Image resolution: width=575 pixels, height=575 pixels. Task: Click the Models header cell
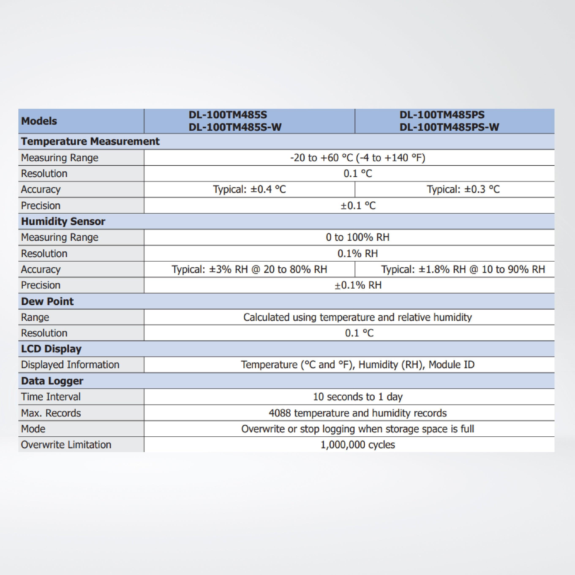click(39, 121)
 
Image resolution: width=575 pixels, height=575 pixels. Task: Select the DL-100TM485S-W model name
click(235, 127)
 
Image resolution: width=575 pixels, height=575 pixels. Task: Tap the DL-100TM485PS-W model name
click(449, 127)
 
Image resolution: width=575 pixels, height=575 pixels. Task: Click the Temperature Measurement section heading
click(90, 141)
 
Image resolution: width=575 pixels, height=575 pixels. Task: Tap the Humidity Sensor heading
click(63, 221)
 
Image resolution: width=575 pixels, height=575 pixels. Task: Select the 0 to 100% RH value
click(357, 237)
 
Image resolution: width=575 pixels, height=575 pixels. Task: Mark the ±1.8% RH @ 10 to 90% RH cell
click(463, 269)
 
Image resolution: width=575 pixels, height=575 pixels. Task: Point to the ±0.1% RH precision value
click(358, 285)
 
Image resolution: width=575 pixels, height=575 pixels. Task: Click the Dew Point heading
click(47, 301)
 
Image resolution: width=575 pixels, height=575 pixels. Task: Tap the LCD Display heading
click(51, 349)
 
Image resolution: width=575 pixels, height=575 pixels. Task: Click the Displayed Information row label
click(70, 365)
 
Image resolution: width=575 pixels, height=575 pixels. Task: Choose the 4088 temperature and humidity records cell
click(357, 413)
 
